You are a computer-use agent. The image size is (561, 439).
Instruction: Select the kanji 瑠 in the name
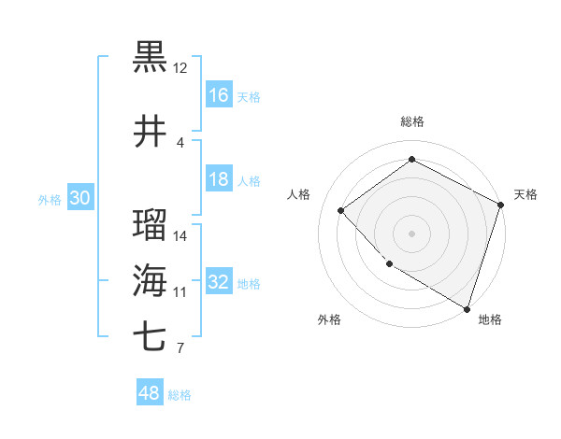[151, 225]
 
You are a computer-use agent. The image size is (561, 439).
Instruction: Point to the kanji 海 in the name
[151, 281]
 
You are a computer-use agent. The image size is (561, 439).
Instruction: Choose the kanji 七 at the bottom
[151, 337]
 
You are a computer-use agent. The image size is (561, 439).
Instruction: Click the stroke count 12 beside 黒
[180, 67]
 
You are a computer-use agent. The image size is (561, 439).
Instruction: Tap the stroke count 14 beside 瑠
[180, 235]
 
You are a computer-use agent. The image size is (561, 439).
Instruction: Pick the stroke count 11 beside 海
[180, 291]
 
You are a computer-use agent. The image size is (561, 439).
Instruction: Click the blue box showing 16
[219, 95]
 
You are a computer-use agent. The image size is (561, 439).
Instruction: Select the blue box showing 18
[219, 179]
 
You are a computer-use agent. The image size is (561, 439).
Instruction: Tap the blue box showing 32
[219, 282]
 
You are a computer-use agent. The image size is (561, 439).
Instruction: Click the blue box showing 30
[79, 198]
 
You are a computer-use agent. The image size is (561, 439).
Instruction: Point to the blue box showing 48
[150, 394]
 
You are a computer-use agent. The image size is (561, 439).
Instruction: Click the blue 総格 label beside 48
[180, 395]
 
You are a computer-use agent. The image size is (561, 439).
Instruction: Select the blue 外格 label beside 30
[49, 199]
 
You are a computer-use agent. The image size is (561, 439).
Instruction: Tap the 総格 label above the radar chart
[412, 121]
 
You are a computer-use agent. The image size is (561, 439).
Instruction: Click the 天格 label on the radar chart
[525, 194]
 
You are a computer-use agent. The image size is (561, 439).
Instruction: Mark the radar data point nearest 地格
[467, 307]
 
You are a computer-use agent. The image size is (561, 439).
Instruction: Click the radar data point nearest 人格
[341, 210]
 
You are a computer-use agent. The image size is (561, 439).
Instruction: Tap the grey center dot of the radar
[411, 233]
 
